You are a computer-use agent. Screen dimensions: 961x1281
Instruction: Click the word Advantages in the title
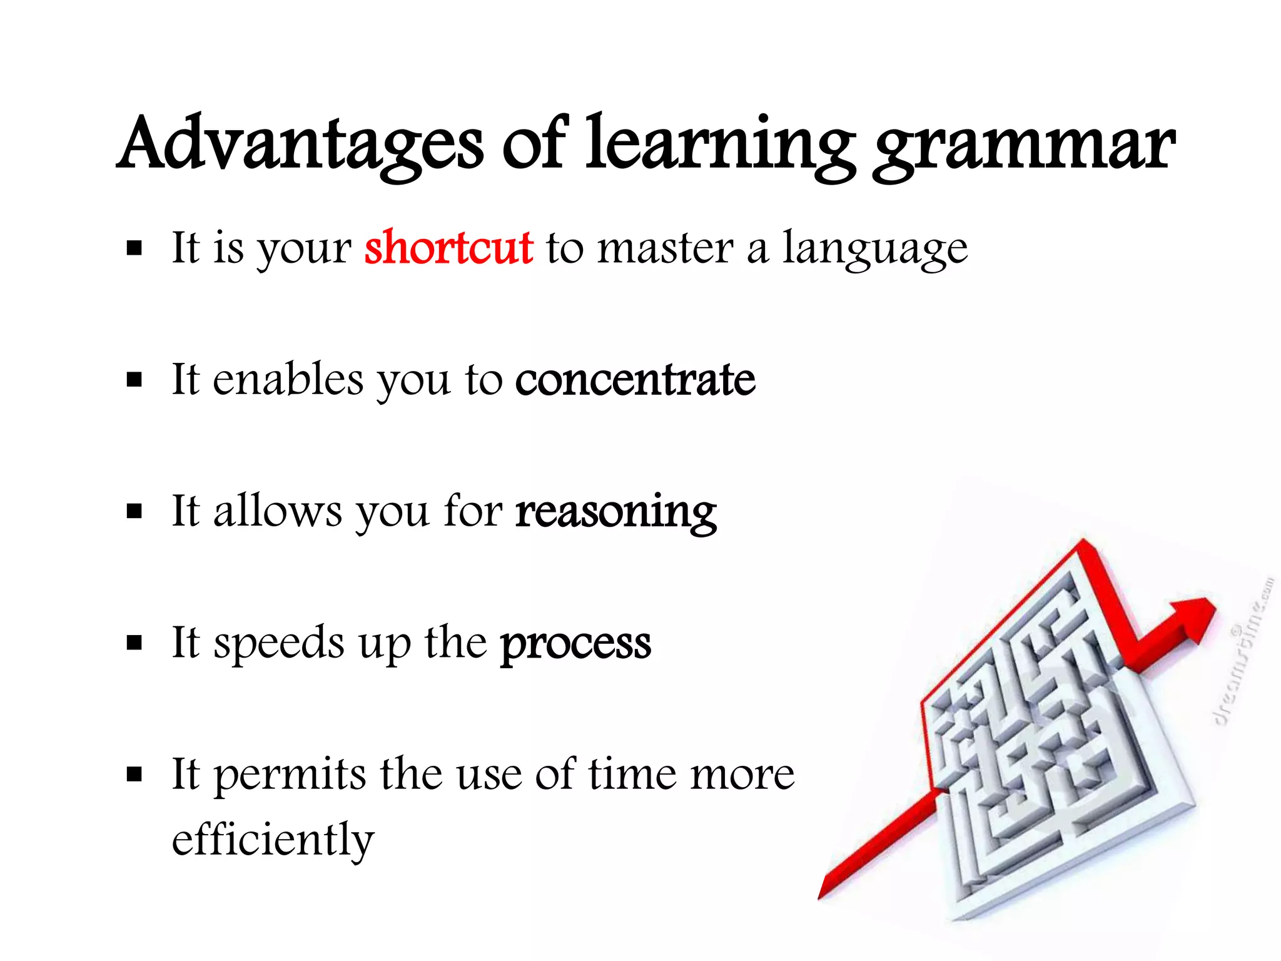[300, 145]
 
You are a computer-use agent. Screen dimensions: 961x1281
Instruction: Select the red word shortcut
[448, 248]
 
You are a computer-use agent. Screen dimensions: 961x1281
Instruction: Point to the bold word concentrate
[635, 380]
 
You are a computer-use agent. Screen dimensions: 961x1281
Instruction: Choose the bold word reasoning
[615, 513]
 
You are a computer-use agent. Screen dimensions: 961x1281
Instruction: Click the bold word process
[575, 644]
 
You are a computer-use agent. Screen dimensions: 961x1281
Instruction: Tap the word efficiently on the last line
[273, 840]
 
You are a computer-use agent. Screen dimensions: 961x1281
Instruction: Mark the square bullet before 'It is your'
[134, 249]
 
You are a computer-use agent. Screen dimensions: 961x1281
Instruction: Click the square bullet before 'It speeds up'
[134, 643]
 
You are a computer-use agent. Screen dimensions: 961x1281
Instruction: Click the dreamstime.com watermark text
[1245, 651]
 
